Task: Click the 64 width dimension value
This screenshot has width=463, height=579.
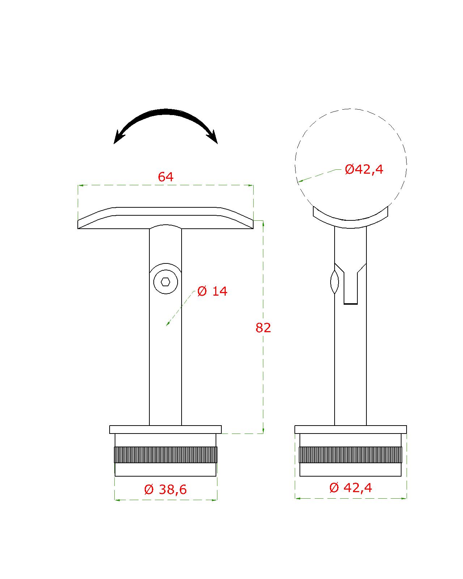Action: (165, 177)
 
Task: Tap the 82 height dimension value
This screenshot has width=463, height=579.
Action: (263, 328)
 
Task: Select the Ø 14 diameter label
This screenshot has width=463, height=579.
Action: (212, 291)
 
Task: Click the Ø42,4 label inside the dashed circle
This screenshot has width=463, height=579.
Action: (364, 169)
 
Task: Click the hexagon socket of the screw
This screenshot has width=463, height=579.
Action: (165, 282)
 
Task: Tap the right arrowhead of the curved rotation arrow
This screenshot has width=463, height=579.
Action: (213, 137)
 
